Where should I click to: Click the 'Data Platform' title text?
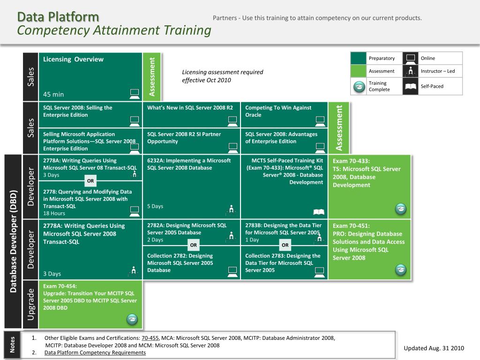58,17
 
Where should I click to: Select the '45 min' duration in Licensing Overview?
53,94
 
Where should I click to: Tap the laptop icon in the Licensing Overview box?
135,93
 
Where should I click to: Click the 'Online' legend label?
427,58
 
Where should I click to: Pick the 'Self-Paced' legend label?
432,86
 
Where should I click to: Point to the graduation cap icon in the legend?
359,87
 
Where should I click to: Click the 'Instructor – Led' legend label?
437,71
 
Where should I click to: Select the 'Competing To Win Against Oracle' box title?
278,111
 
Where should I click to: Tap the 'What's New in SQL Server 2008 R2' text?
190,107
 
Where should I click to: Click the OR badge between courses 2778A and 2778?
91,181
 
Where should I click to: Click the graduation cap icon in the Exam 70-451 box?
400,270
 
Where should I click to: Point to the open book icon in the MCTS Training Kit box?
318,212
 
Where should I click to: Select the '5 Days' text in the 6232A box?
155,206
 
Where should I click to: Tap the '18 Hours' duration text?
54,213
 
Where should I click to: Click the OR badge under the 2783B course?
285,245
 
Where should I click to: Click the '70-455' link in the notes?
150,338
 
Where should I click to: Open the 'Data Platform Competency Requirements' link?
95,352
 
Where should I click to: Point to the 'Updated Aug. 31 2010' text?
434,348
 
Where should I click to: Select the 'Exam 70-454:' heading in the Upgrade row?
60,286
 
